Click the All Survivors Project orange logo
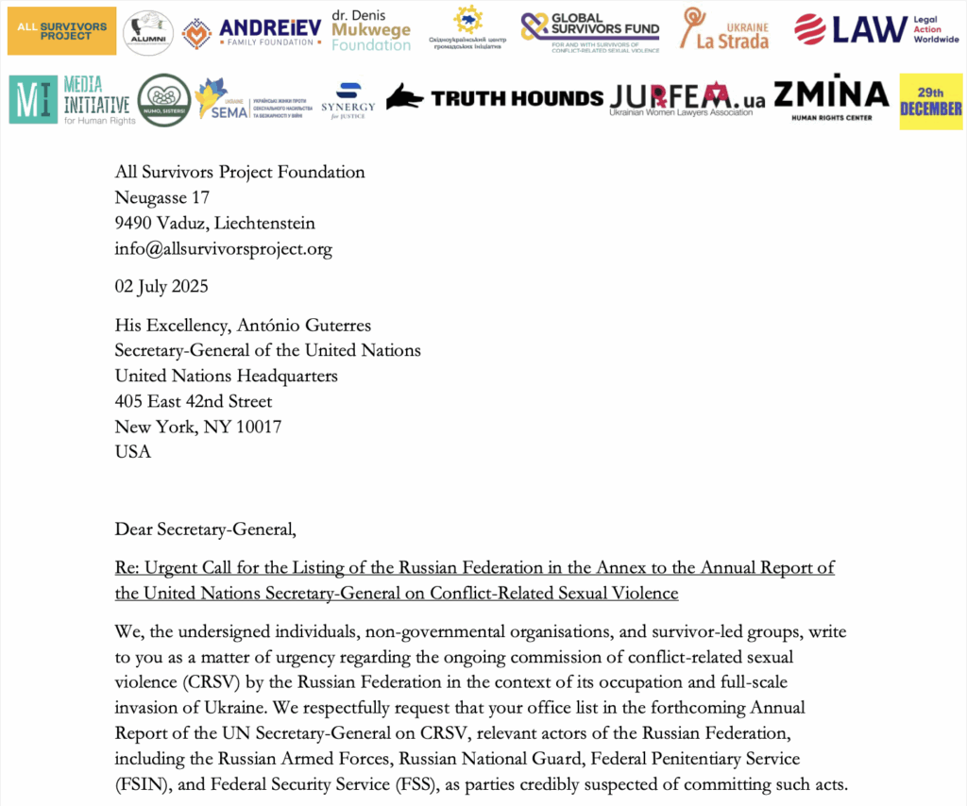61,30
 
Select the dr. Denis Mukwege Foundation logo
371,31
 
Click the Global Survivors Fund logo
590,31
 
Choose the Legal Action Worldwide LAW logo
875,30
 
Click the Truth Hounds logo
494,97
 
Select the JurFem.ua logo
687,97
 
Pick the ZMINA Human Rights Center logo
831,97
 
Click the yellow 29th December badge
930,101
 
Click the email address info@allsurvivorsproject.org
224,249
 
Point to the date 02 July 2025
161,286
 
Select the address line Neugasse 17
161,197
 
